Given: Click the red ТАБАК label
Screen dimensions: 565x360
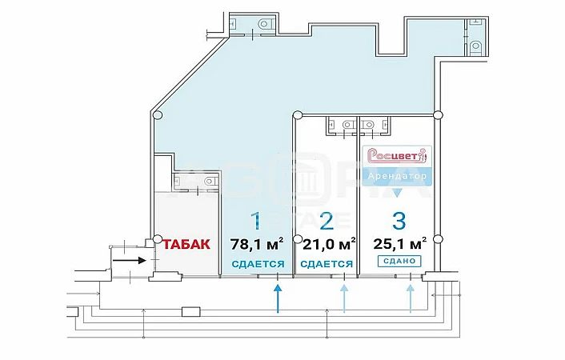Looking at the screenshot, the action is click(186, 244).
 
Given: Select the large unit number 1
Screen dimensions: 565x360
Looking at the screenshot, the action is click(256, 221).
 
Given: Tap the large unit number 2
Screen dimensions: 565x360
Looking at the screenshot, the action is click(327, 221).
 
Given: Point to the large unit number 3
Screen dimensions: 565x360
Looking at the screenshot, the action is click(399, 221).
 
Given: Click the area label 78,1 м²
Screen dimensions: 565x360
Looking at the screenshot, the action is click(257, 244).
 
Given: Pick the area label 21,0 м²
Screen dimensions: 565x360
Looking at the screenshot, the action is click(329, 244).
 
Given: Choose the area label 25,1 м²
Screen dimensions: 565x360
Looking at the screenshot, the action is click(400, 244).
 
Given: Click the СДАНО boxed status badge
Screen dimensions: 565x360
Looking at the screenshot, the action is click(399, 261).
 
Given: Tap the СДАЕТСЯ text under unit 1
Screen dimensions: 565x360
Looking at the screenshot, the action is click(258, 264).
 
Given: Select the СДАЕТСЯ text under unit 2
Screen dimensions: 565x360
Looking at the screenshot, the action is click(327, 264).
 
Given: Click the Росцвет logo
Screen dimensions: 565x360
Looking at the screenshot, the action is click(397, 156).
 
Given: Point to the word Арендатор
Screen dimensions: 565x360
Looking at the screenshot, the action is click(397, 176).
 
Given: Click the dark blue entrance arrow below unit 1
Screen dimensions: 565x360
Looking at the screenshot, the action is click(278, 298).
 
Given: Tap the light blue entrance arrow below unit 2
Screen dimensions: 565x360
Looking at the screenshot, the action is click(344, 298).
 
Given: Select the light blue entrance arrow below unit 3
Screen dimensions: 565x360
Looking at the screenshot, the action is click(410, 298).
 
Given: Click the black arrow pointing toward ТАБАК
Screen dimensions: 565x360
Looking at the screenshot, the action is click(130, 260).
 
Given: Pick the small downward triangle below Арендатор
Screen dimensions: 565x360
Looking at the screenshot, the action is click(397, 193).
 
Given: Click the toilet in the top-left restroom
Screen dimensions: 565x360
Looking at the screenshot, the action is click(265, 24).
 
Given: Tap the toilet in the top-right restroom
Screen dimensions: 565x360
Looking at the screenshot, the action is click(475, 46).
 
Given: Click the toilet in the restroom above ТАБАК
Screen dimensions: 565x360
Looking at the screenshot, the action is click(210, 181).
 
